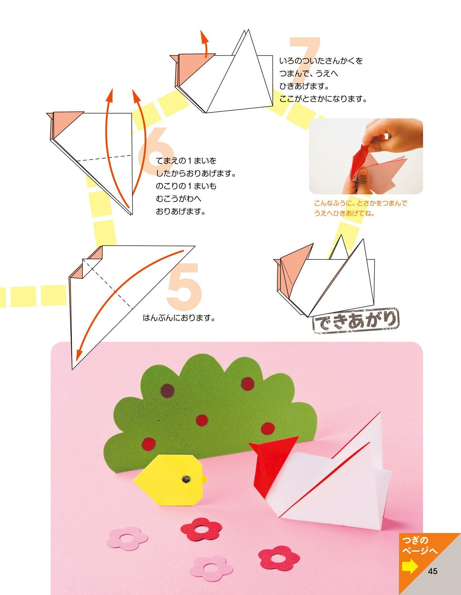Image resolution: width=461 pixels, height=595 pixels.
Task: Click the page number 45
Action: pos(433,571)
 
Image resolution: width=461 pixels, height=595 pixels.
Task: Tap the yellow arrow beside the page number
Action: pos(410,567)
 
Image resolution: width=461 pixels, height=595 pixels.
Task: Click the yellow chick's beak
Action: pos(203,480)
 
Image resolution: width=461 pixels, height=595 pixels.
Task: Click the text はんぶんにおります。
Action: pos(179,318)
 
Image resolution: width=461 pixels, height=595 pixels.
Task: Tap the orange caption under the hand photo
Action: pos(360,208)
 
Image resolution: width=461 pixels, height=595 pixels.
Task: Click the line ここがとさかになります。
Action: pos(323,99)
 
